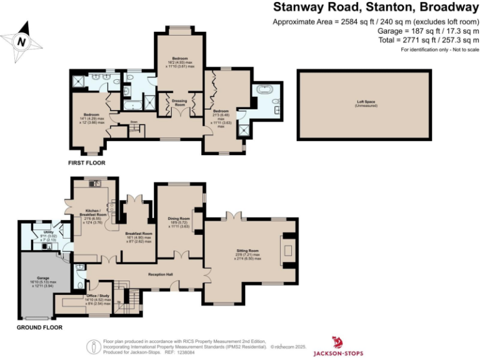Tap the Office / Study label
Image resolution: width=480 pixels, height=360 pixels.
click(94, 298)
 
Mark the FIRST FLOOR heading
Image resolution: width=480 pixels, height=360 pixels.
click(87, 162)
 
